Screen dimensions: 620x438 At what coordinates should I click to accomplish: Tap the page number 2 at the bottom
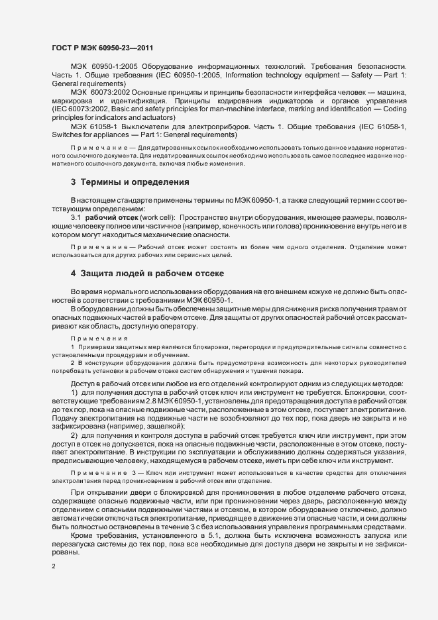[x=54, y=568]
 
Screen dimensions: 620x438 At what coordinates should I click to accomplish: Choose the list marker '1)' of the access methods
[x=74, y=395]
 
